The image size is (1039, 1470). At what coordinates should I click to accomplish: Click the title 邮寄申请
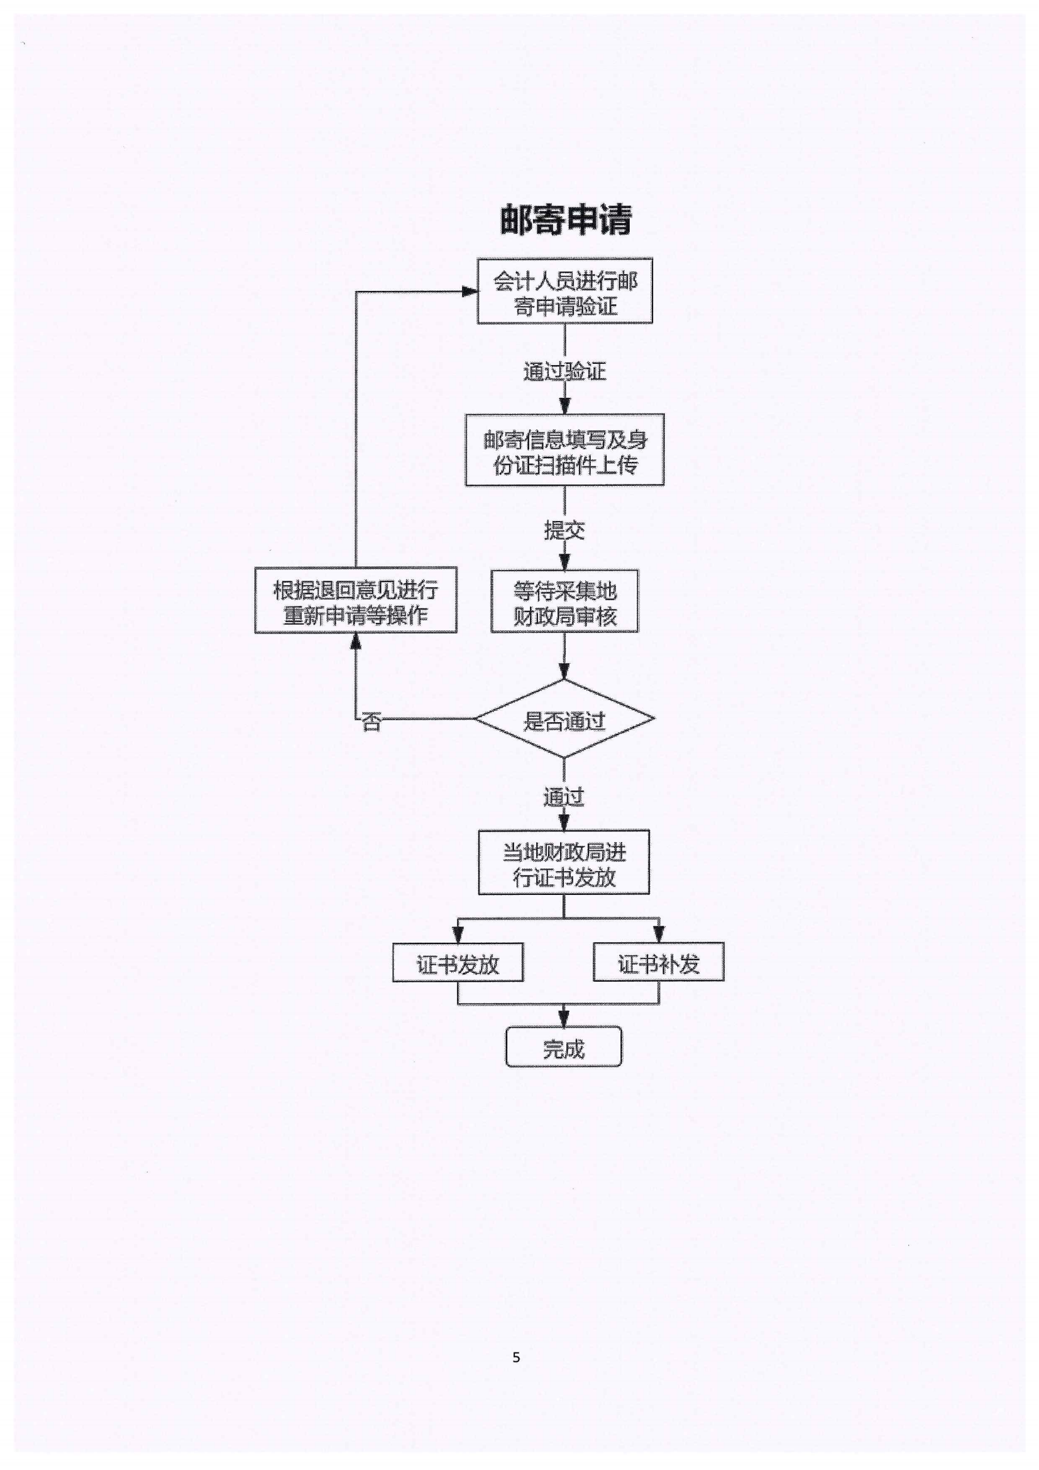pos(565,219)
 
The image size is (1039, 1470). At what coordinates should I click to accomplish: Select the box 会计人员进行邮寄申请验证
pos(564,292)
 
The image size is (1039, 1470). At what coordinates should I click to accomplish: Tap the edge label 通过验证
pos(564,371)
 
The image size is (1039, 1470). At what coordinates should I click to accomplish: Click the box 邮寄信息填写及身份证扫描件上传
pos(564,450)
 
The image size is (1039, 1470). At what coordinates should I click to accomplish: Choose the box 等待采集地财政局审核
pos(564,601)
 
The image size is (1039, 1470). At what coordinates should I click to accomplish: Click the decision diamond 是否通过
pos(564,719)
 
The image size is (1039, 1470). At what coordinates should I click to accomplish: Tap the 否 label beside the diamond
pos(371,723)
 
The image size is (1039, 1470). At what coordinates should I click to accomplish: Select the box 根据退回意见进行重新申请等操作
pos(356,601)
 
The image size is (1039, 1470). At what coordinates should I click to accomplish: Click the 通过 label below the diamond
pos(563,797)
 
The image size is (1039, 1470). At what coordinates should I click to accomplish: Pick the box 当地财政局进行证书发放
pos(563,862)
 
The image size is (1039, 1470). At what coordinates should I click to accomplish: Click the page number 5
pos(516,1358)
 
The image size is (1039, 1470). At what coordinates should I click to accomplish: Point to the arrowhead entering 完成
pos(564,1019)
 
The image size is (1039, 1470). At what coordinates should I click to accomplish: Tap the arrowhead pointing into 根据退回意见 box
pos(356,640)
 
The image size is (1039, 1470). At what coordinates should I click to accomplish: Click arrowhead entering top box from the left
pos(470,292)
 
